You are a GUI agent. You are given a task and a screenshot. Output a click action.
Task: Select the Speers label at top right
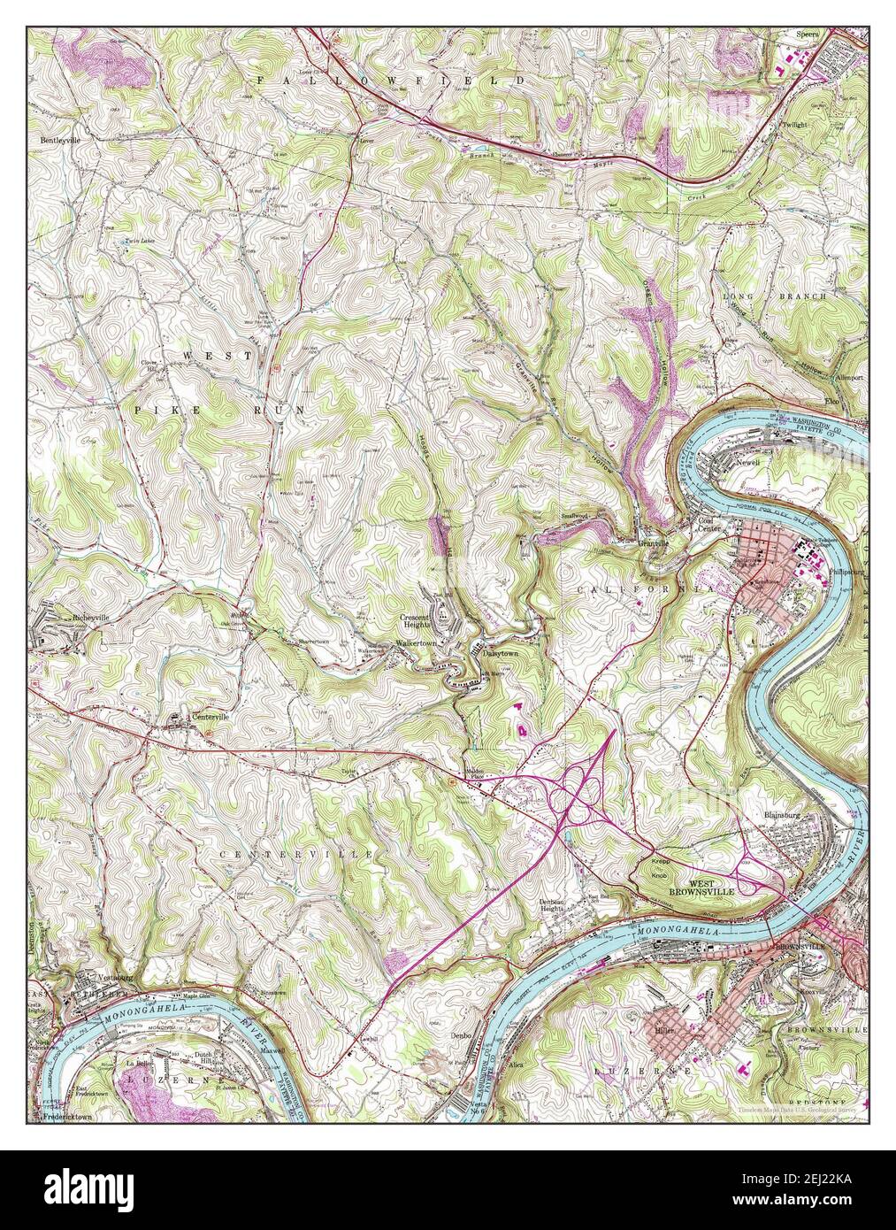[x=808, y=35]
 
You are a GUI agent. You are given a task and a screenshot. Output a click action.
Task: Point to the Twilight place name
[x=794, y=126]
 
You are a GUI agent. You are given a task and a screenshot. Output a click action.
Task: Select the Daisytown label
[x=500, y=651]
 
